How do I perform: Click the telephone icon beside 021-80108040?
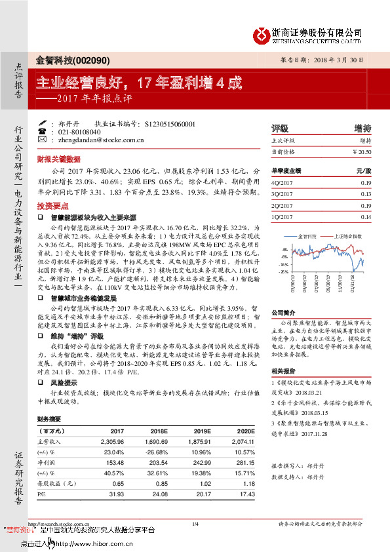(x=43, y=131)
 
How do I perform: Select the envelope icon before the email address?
(x=43, y=139)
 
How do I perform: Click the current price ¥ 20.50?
(x=362, y=151)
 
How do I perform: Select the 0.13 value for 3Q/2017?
(x=366, y=195)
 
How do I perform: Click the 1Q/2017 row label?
(x=283, y=216)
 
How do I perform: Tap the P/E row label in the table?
(x=42, y=492)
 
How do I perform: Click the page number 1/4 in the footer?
(x=195, y=523)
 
